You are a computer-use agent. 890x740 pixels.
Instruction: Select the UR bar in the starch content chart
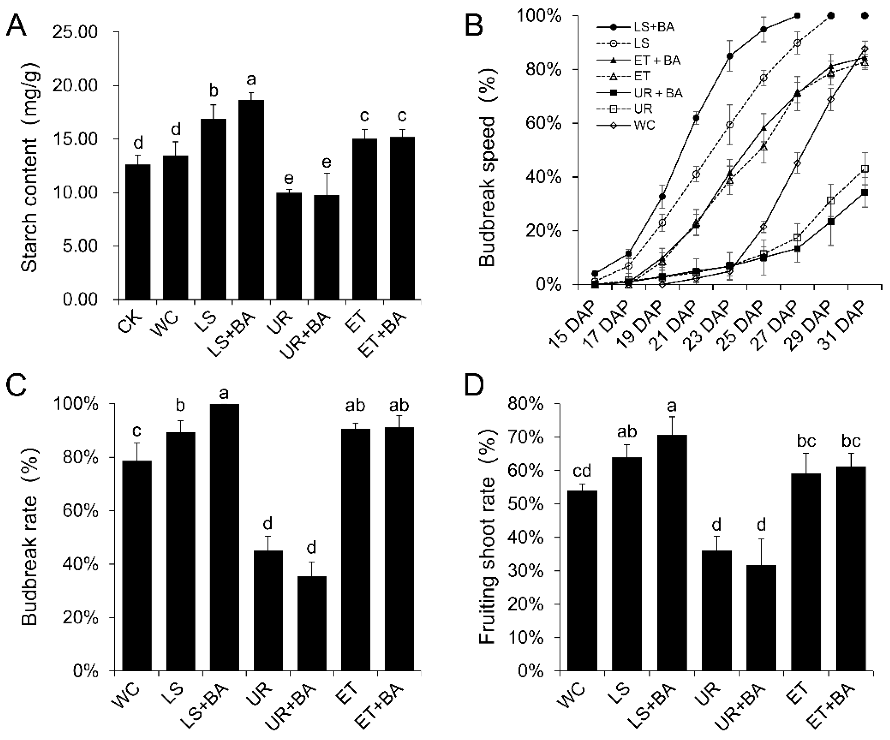[289, 246]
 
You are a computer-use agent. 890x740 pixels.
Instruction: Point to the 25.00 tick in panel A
[80, 32]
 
